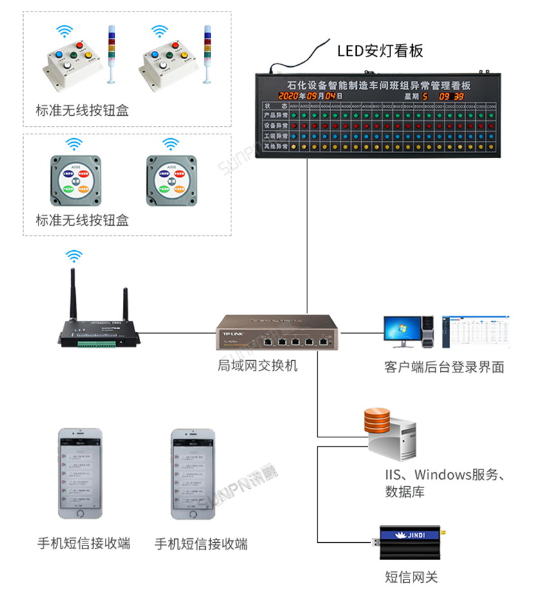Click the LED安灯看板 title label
coord(380,51)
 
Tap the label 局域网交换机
coord(257,366)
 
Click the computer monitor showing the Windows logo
coord(402,331)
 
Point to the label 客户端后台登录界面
coord(444,367)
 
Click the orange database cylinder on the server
coord(377,421)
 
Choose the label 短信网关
coord(412,577)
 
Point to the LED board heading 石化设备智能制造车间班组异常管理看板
coord(379,85)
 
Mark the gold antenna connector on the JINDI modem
coord(443,532)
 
